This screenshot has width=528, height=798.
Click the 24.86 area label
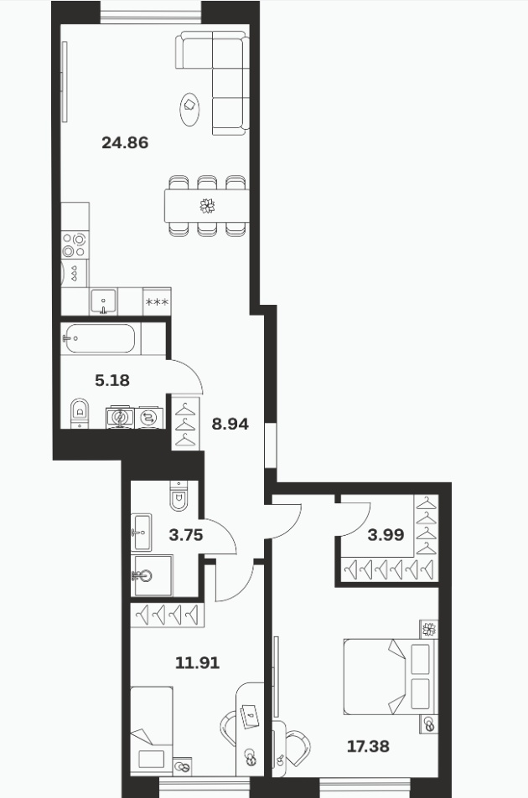coord(125,142)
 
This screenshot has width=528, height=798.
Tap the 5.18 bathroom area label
coord(112,380)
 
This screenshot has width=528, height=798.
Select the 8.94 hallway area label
coord(230,424)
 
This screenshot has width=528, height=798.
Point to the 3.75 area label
coord(186,535)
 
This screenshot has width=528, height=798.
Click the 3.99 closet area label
coord(386,535)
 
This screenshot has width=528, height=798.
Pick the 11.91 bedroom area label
coord(197,662)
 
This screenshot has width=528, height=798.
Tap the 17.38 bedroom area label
coord(368,747)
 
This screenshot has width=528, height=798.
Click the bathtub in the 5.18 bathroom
coord(100,338)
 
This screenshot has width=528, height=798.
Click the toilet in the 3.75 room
coord(179,496)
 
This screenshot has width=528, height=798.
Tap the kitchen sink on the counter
coord(103,301)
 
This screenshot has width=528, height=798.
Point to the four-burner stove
coord(75,245)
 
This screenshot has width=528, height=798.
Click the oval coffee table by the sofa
coord(189,110)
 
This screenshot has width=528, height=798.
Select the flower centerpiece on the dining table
coord(207,206)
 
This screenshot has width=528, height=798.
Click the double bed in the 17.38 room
coord(390,677)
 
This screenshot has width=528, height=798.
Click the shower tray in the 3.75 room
coord(152,575)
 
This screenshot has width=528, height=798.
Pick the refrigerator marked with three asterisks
coord(157,302)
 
